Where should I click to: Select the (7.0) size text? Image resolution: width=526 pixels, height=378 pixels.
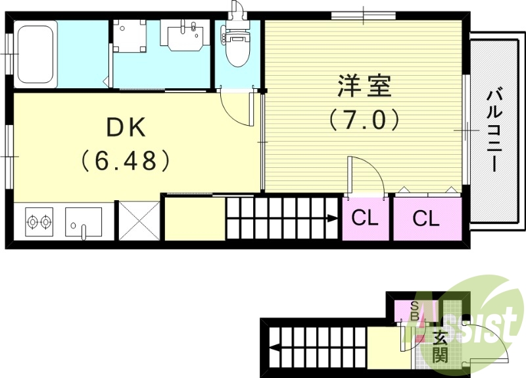364,121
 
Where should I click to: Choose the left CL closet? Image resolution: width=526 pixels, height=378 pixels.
365,219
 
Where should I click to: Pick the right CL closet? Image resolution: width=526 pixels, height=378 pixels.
425,219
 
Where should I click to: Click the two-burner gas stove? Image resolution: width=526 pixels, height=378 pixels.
39,223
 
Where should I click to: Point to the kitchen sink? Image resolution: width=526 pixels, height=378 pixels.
84,223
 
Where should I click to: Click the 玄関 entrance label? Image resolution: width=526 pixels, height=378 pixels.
440,348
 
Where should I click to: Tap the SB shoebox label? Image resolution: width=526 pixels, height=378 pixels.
414,310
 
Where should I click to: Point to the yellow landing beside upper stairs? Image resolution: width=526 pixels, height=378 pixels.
195,219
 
